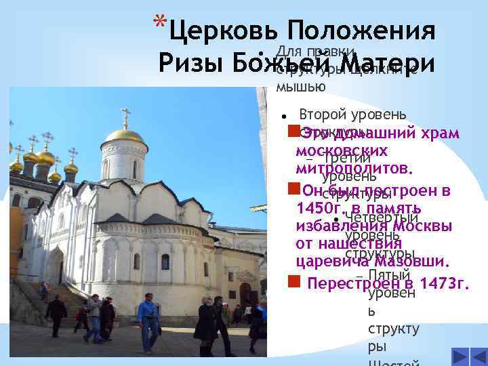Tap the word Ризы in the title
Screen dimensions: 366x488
click(189, 62)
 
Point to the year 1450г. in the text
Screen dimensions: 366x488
click(319, 208)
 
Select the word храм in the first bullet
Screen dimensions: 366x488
click(440, 134)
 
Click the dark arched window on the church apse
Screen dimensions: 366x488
click(165, 262)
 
